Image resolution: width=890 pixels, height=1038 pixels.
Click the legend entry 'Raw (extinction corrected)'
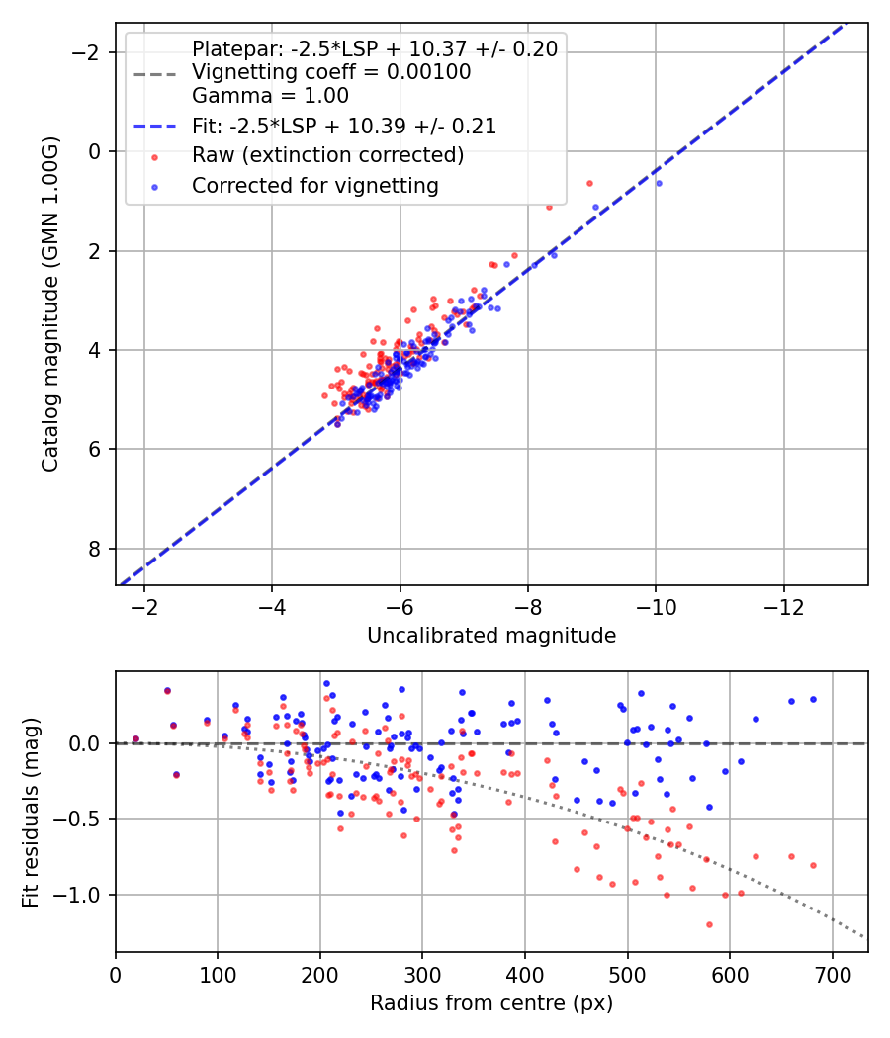(x=327, y=155)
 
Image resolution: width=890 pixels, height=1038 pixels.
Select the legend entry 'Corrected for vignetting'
(x=314, y=185)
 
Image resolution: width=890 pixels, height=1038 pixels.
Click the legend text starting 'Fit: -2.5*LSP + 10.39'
(x=343, y=126)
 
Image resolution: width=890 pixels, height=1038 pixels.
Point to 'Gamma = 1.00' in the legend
(x=270, y=97)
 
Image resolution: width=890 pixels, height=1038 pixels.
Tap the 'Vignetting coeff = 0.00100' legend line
(x=331, y=72)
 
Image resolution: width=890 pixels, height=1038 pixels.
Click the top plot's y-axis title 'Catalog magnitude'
(x=49, y=304)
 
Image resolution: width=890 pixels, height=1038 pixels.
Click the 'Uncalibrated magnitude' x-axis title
(x=491, y=636)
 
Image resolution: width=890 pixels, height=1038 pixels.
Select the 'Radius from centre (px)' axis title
(x=491, y=1003)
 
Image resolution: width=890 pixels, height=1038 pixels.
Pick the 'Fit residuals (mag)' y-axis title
(x=31, y=812)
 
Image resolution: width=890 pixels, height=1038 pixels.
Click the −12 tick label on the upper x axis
(x=783, y=603)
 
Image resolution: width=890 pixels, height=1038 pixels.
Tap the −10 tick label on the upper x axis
(x=655, y=603)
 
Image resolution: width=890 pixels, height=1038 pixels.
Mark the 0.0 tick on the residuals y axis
(x=90, y=743)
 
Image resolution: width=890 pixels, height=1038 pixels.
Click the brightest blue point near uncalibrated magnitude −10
(x=659, y=183)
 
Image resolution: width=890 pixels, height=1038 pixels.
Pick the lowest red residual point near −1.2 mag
(x=709, y=924)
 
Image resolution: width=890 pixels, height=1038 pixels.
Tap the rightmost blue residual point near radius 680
(x=813, y=699)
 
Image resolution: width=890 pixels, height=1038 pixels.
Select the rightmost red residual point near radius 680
(x=813, y=865)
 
